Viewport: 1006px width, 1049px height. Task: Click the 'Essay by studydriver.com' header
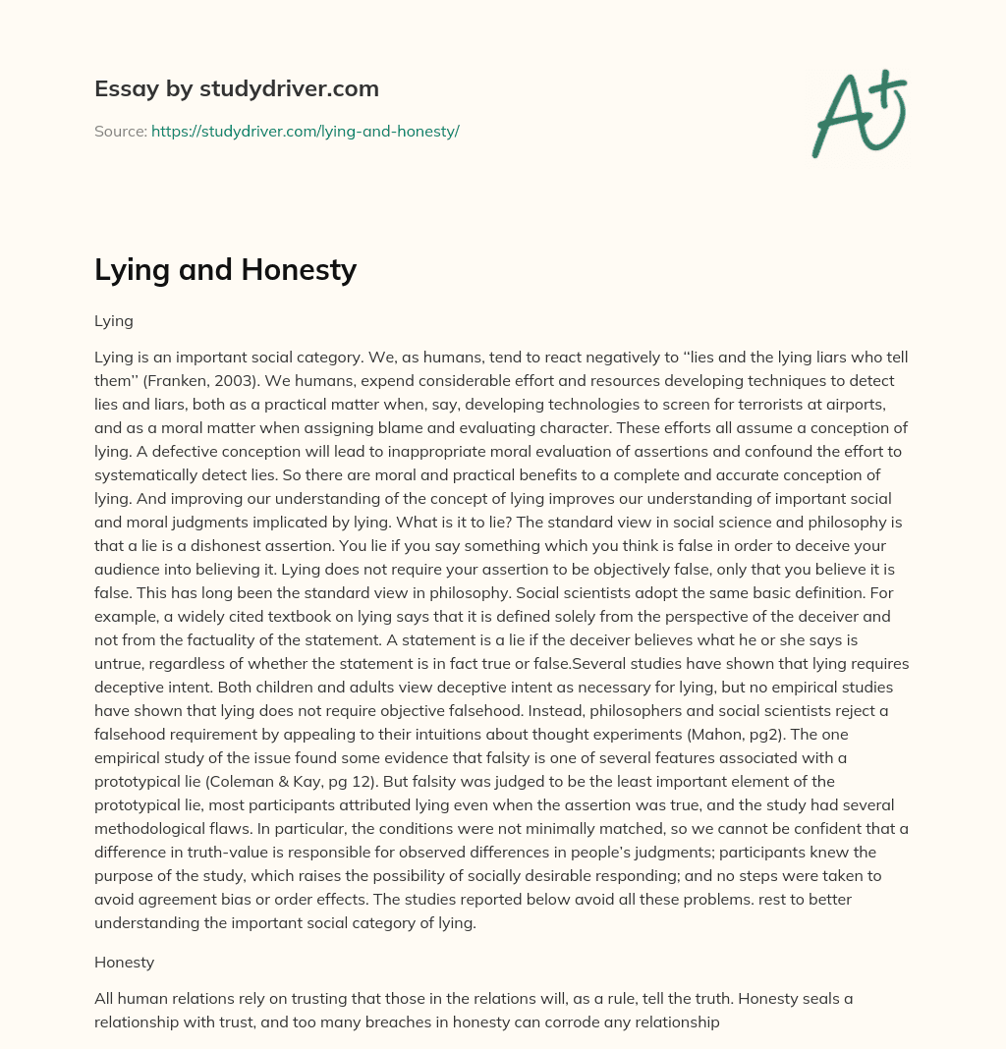pyautogui.click(x=236, y=89)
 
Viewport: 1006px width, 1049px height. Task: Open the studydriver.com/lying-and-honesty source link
pyautogui.click(x=305, y=131)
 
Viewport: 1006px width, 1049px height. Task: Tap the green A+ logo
pyautogui.click(x=858, y=113)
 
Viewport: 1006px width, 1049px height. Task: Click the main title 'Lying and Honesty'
pyautogui.click(x=225, y=270)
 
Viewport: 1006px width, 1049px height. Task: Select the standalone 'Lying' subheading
pyautogui.click(x=114, y=321)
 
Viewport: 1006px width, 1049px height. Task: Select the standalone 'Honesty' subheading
pyautogui.click(x=125, y=963)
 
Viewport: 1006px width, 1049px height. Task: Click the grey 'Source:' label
pyautogui.click(x=121, y=131)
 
